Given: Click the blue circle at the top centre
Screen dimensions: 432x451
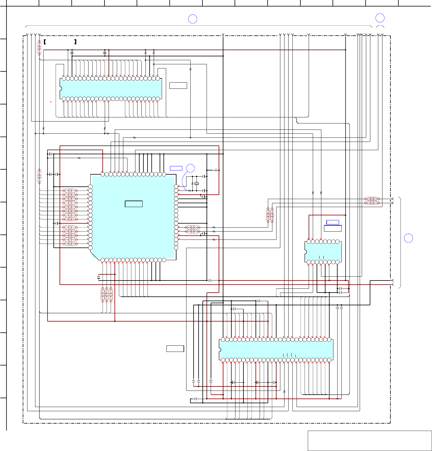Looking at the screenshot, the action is [x=193, y=19].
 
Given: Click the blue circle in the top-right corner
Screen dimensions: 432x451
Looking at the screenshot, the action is [x=380, y=18].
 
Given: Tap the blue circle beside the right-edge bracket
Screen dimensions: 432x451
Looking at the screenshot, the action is [x=408, y=238].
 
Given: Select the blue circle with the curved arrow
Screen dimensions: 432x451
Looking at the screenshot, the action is [x=191, y=168].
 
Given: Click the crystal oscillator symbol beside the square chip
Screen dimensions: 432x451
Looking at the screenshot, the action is [x=197, y=183].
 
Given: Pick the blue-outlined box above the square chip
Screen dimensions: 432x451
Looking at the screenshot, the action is [x=176, y=168].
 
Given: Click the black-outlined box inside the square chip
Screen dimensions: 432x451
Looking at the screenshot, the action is [x=134, y=204].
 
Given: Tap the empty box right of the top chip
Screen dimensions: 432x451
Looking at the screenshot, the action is [x=178, y=86].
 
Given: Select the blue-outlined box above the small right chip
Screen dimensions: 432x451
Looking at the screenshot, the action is [x=333, y=222].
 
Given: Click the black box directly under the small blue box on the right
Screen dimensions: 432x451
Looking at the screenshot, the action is [x=333, y=228].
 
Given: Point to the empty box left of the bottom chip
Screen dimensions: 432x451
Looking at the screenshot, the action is [x=175, y=349].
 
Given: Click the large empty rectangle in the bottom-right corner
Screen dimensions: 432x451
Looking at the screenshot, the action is [x=369, y=441].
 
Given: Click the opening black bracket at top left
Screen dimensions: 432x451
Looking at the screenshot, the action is [x=45, y=42].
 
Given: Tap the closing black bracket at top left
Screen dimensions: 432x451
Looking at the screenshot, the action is [x=76, y=42].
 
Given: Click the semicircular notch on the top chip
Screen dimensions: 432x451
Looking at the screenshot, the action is [x=60, y=88].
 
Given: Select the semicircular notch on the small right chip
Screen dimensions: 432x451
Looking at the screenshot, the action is [x=306, y=252].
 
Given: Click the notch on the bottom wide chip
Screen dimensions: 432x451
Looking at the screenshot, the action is [x=220, y=350].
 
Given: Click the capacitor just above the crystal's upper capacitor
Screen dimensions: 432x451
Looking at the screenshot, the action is [x=217, y=170].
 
